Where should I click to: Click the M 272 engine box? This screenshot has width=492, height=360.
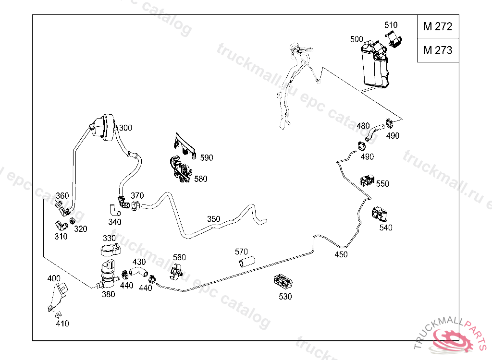(437, 27)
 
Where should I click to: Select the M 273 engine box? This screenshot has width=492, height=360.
(437, 50)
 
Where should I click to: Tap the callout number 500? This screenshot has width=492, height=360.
(357, 39)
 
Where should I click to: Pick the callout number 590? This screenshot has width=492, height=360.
(207, 158)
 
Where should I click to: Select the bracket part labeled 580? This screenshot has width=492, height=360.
(180, 170)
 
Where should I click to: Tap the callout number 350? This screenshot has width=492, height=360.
(213, 219)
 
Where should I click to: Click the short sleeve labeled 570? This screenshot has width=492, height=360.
(246, 262)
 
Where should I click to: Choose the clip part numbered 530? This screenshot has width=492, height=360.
(284, 281)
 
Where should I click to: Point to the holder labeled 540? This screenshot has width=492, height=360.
(380, 214)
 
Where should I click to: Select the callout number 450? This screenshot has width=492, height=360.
(341, 254)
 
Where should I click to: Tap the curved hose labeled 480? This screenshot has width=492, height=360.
(373, 131)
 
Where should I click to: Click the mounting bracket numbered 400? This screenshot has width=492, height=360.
(58, 296)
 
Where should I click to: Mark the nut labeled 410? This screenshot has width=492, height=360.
(58, 315)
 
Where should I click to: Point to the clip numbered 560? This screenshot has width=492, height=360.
(177, 270)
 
